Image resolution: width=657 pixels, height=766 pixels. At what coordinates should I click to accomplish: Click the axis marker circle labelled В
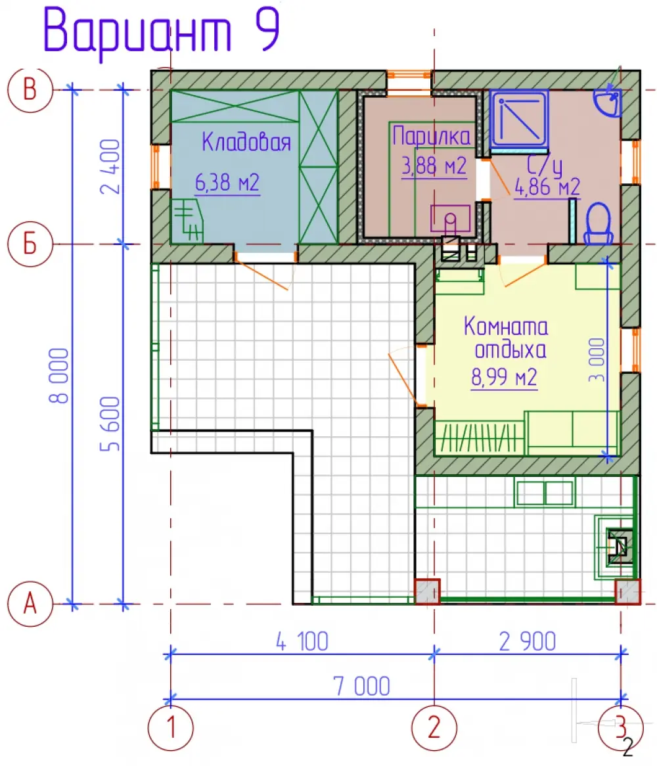[30, 91]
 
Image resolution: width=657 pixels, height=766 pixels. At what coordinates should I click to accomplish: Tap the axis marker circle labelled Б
[30, 244]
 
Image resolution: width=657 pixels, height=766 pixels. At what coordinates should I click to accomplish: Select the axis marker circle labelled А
[30, 604]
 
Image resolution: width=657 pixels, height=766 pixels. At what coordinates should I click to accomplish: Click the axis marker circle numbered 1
[170, 728]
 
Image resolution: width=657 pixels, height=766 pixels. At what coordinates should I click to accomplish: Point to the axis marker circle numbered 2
[434, 728]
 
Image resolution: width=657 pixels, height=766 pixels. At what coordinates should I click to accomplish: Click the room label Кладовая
[246, 142]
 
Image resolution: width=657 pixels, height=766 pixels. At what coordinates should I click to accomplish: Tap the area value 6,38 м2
[227, 183]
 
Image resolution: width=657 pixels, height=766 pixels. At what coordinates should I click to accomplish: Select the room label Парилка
[432, 136]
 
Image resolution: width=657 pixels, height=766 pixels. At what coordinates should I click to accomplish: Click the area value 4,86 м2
[547, 187]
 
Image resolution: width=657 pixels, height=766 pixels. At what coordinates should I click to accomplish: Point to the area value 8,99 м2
[504, 377]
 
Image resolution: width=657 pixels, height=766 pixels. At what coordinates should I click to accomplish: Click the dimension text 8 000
[59, 376]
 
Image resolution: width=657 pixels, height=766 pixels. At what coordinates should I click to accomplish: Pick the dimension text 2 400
[110, 167]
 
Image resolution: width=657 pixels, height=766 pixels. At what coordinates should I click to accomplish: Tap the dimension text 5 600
[110, 424]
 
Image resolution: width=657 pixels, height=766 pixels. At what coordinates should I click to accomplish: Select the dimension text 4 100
[302, 641]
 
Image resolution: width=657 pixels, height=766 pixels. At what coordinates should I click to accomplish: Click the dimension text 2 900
[528, 641]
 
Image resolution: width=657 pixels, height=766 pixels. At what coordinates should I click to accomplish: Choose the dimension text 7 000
[362, 687]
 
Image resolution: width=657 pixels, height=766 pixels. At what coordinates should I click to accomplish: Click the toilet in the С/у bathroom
[599, 224]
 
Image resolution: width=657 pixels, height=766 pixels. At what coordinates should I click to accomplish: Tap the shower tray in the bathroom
[519, 119]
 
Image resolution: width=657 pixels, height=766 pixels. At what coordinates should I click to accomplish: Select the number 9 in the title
[267, 30]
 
